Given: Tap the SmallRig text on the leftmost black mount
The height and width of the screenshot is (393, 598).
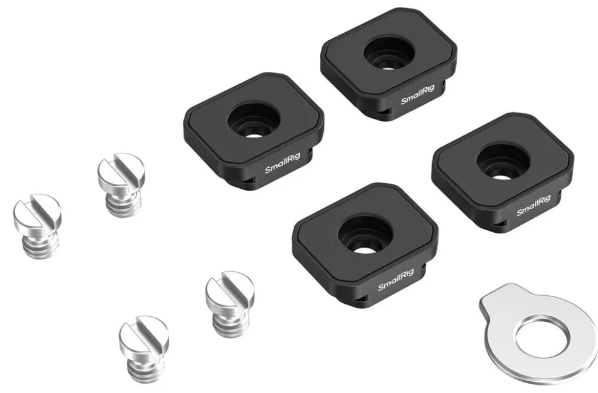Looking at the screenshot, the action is tap(283, 163).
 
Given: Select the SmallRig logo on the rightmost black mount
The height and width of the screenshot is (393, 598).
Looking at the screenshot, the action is tap(534, 205).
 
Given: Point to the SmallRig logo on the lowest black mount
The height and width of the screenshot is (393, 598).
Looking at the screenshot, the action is tap(396, 280).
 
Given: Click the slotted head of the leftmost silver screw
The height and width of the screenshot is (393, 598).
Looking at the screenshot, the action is tap(37, 214).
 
